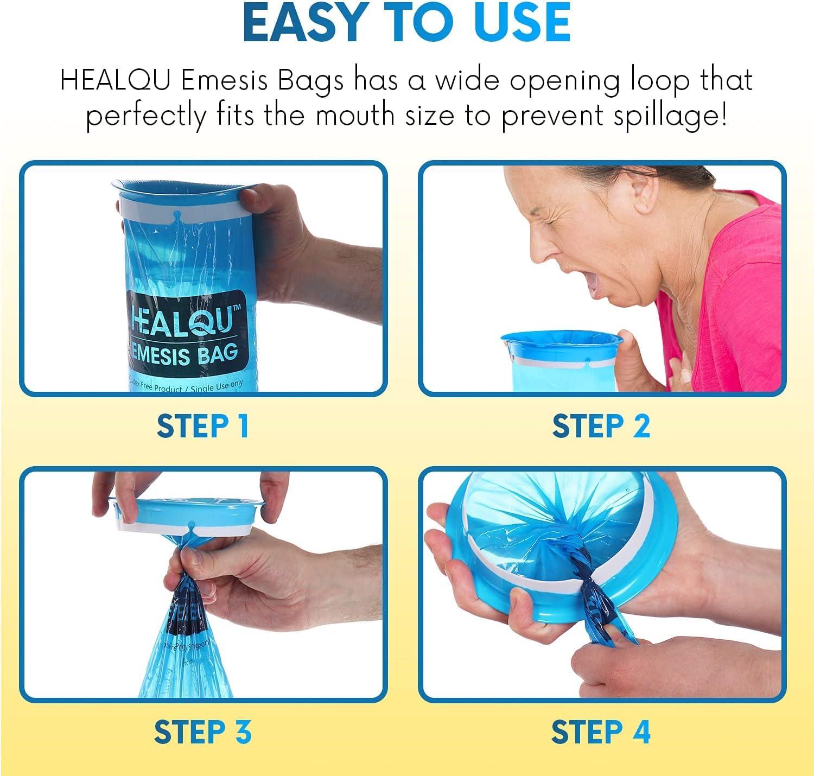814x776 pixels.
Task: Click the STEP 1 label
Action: pos(203,426)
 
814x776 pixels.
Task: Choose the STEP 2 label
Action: pos(601,426)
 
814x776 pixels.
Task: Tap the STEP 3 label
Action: pos(203,732)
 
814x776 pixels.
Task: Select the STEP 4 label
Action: pos(601,732)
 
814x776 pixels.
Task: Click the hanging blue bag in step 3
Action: pos(187,657)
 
